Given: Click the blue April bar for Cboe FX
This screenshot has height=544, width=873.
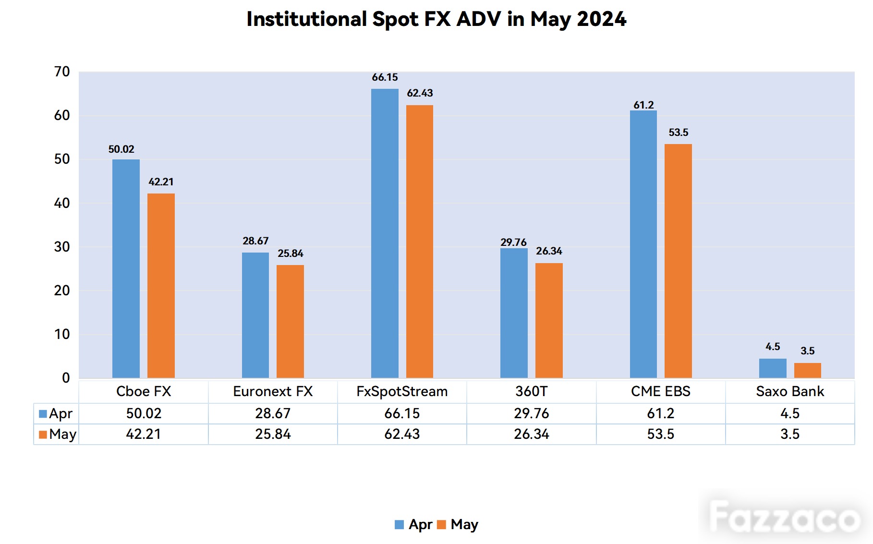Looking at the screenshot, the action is pos(126,268).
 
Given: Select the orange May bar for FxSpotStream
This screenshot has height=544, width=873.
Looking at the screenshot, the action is pos(420,242).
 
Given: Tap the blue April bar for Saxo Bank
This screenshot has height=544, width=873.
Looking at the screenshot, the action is pos(773,368).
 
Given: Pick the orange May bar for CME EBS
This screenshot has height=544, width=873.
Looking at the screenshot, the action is pos(678,261).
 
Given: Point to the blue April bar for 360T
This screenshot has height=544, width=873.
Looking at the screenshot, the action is pos(514,313).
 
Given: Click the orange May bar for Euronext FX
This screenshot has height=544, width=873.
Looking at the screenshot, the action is pos(290,321).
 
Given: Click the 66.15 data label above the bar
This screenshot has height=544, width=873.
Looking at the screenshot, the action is pos(385,77).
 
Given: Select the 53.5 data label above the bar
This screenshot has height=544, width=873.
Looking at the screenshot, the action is pos(679,133).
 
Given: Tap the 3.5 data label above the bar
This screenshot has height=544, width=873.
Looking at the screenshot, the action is pos(808,351).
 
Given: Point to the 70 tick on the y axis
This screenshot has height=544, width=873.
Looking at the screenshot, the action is pos(62,72).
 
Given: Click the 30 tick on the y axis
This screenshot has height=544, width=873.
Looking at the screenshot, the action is pos(62,247).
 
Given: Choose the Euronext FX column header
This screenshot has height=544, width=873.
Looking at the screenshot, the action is pos(273,391).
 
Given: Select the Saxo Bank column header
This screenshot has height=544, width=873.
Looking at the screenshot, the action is pos(790,391).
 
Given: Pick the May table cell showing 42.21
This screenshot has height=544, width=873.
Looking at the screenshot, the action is pos(144,434).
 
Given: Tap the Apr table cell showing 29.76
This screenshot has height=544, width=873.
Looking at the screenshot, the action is pos(532,413).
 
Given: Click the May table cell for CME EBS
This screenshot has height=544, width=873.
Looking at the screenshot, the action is pos(661,434).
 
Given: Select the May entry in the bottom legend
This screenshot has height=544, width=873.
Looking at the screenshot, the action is pos(458,525).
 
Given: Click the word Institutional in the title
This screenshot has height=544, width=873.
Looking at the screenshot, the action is pos(307,19).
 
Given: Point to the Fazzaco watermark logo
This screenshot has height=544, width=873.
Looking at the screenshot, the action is pos(785,517).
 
